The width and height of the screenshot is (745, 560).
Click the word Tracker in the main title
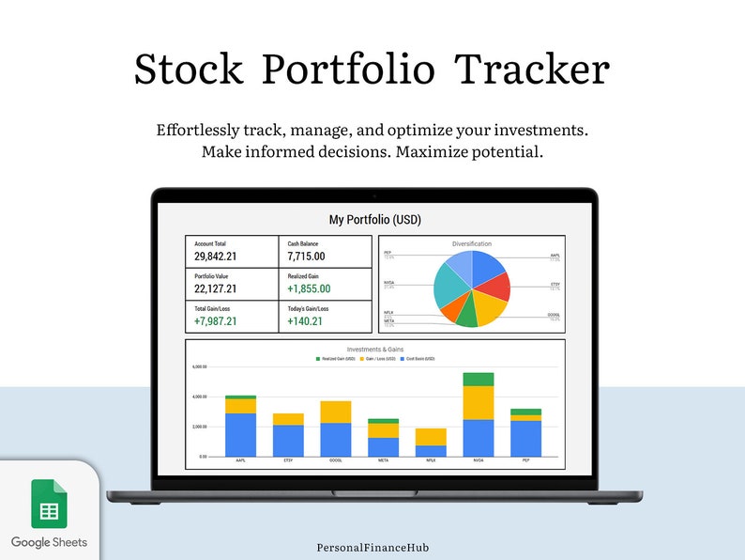pyautogui.click(x=532, y=70)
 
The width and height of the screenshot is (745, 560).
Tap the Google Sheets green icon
pyautogui.click(x=49, y=504)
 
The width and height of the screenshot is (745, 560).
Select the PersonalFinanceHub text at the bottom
pyautogui.click(x=372, y=546)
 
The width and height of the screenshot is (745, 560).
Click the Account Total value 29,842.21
pyautogui.click(x=215, y=257)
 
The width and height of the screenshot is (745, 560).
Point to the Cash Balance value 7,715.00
pyautogui.click(x=307, y=257)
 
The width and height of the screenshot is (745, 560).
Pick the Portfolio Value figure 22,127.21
pyautogui.click(x=215, y=289)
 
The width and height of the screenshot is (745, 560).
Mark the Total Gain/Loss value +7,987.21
pyautogui.click(x=215, y=321)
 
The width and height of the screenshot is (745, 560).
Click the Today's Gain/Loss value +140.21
pyautogui.click(x=305, y=321)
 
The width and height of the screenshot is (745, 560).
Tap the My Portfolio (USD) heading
pyautogui.click(x=374, y=220)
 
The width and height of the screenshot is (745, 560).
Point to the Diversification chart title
pyautogui.click(x=471, y=244)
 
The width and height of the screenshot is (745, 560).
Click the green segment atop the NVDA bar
pyautogui.click(x=479, y=379)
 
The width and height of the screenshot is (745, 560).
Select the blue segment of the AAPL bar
pyautogui.click(x=240, y=434)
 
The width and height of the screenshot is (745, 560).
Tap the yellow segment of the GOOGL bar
pyautogui.click(x=336, y=412)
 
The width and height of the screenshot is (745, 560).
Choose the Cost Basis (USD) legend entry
pyautogui.click(x=418, y=359)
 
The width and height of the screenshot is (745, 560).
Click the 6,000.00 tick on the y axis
pyautogui.click(x=198, y=366)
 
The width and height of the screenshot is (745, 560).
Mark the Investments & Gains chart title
pyautogui.click(x=374, y=350)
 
